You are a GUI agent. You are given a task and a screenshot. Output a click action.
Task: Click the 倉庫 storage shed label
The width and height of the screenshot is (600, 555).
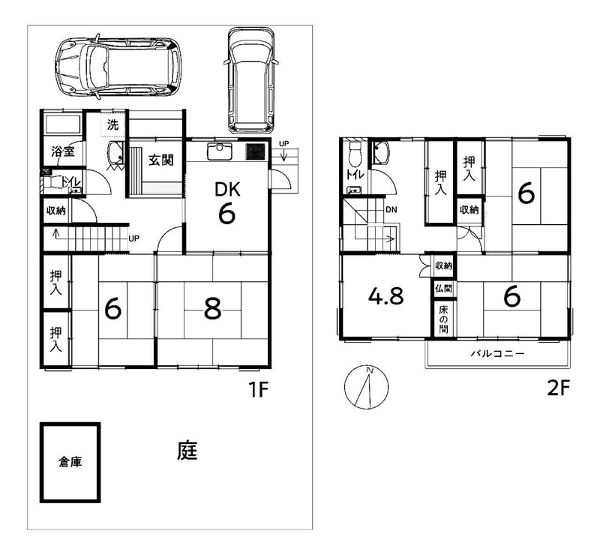click(x=70, y=462)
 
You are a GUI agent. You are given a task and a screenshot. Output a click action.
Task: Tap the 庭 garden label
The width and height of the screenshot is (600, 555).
click(x=187, y=451)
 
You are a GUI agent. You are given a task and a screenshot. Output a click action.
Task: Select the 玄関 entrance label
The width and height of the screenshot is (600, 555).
click(x=161, y=160)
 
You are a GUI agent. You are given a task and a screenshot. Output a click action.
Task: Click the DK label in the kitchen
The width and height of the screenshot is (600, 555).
click(x=227, y=189)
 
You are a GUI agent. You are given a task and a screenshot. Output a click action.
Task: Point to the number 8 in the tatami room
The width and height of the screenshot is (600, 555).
click(x=213, y=309)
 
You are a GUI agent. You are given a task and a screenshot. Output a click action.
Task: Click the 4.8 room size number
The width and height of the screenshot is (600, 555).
click(x=385, y=296)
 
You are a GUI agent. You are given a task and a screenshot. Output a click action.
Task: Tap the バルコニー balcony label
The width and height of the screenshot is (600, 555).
click(x=497, y=353)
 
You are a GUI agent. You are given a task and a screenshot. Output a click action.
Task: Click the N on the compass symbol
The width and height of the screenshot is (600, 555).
click(x=370, y=370)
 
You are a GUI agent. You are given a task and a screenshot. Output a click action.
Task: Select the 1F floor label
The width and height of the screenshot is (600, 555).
click(x=259, y=390)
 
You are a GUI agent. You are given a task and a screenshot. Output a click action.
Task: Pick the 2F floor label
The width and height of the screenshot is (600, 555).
click(x=559, y=388)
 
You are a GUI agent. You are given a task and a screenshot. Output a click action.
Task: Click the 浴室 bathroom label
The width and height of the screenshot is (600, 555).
click(x=63, y=151)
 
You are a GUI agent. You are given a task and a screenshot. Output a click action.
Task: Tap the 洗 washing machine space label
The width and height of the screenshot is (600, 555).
click(x=112, y=124)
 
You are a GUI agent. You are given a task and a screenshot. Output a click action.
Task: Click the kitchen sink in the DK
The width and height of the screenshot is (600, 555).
click(x=219, y=151)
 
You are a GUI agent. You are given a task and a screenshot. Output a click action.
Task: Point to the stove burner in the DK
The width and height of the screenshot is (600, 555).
click(x=255, y=151)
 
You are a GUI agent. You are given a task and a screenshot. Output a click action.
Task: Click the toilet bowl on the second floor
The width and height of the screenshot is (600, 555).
click(x=354, y=151)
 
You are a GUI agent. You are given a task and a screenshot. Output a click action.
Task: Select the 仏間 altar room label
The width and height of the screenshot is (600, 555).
click(x=443, y=288)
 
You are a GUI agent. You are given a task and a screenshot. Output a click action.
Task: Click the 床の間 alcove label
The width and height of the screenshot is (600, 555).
click(x=443, y=319)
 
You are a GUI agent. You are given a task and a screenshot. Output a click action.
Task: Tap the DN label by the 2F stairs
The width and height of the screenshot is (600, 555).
click(x=391, y=210)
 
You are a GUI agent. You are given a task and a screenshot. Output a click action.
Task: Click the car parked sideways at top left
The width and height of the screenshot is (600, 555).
click(x=118, y=67)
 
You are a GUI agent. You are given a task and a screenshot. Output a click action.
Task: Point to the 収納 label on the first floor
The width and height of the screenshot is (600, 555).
click(x=56, y=210)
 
